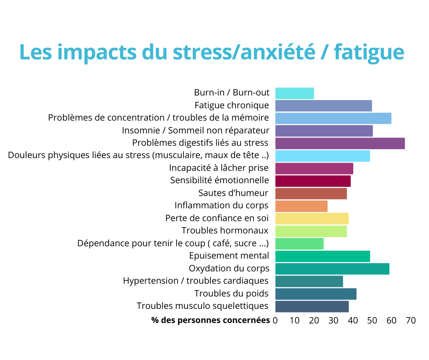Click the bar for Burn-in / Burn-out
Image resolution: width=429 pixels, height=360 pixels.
coord(294,93)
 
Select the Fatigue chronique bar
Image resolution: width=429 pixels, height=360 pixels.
coord(323,106)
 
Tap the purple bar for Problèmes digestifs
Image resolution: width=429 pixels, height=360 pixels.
coord(340,143)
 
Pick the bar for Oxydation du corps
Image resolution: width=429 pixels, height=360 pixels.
coord(332,269)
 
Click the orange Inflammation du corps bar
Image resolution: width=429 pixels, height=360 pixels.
coord(301,206)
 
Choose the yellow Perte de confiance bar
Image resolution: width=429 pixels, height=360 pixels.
coord(312,218)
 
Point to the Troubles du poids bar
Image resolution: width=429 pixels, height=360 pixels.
coord(315,294)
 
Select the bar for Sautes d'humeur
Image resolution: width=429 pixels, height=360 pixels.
coord(311,193)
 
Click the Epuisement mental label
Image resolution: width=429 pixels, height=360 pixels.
coord(229,256)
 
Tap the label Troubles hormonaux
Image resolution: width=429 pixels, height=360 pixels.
coord(225,231)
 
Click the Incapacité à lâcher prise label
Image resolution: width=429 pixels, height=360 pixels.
coord(219,168)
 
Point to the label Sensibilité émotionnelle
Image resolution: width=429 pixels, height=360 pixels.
coord(220,180)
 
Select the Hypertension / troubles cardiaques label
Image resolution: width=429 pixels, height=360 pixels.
coord(196,281)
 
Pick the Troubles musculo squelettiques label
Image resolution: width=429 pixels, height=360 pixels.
coord(203,306)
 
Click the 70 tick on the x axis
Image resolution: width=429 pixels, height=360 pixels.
coord(411,321)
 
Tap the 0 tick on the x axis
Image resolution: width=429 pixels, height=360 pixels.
coord(275,321)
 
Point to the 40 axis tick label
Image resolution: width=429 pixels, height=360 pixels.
coord(353,321)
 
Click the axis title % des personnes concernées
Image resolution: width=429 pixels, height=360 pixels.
coord(210,321)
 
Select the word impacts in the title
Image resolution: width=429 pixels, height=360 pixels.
coord(99,53)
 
